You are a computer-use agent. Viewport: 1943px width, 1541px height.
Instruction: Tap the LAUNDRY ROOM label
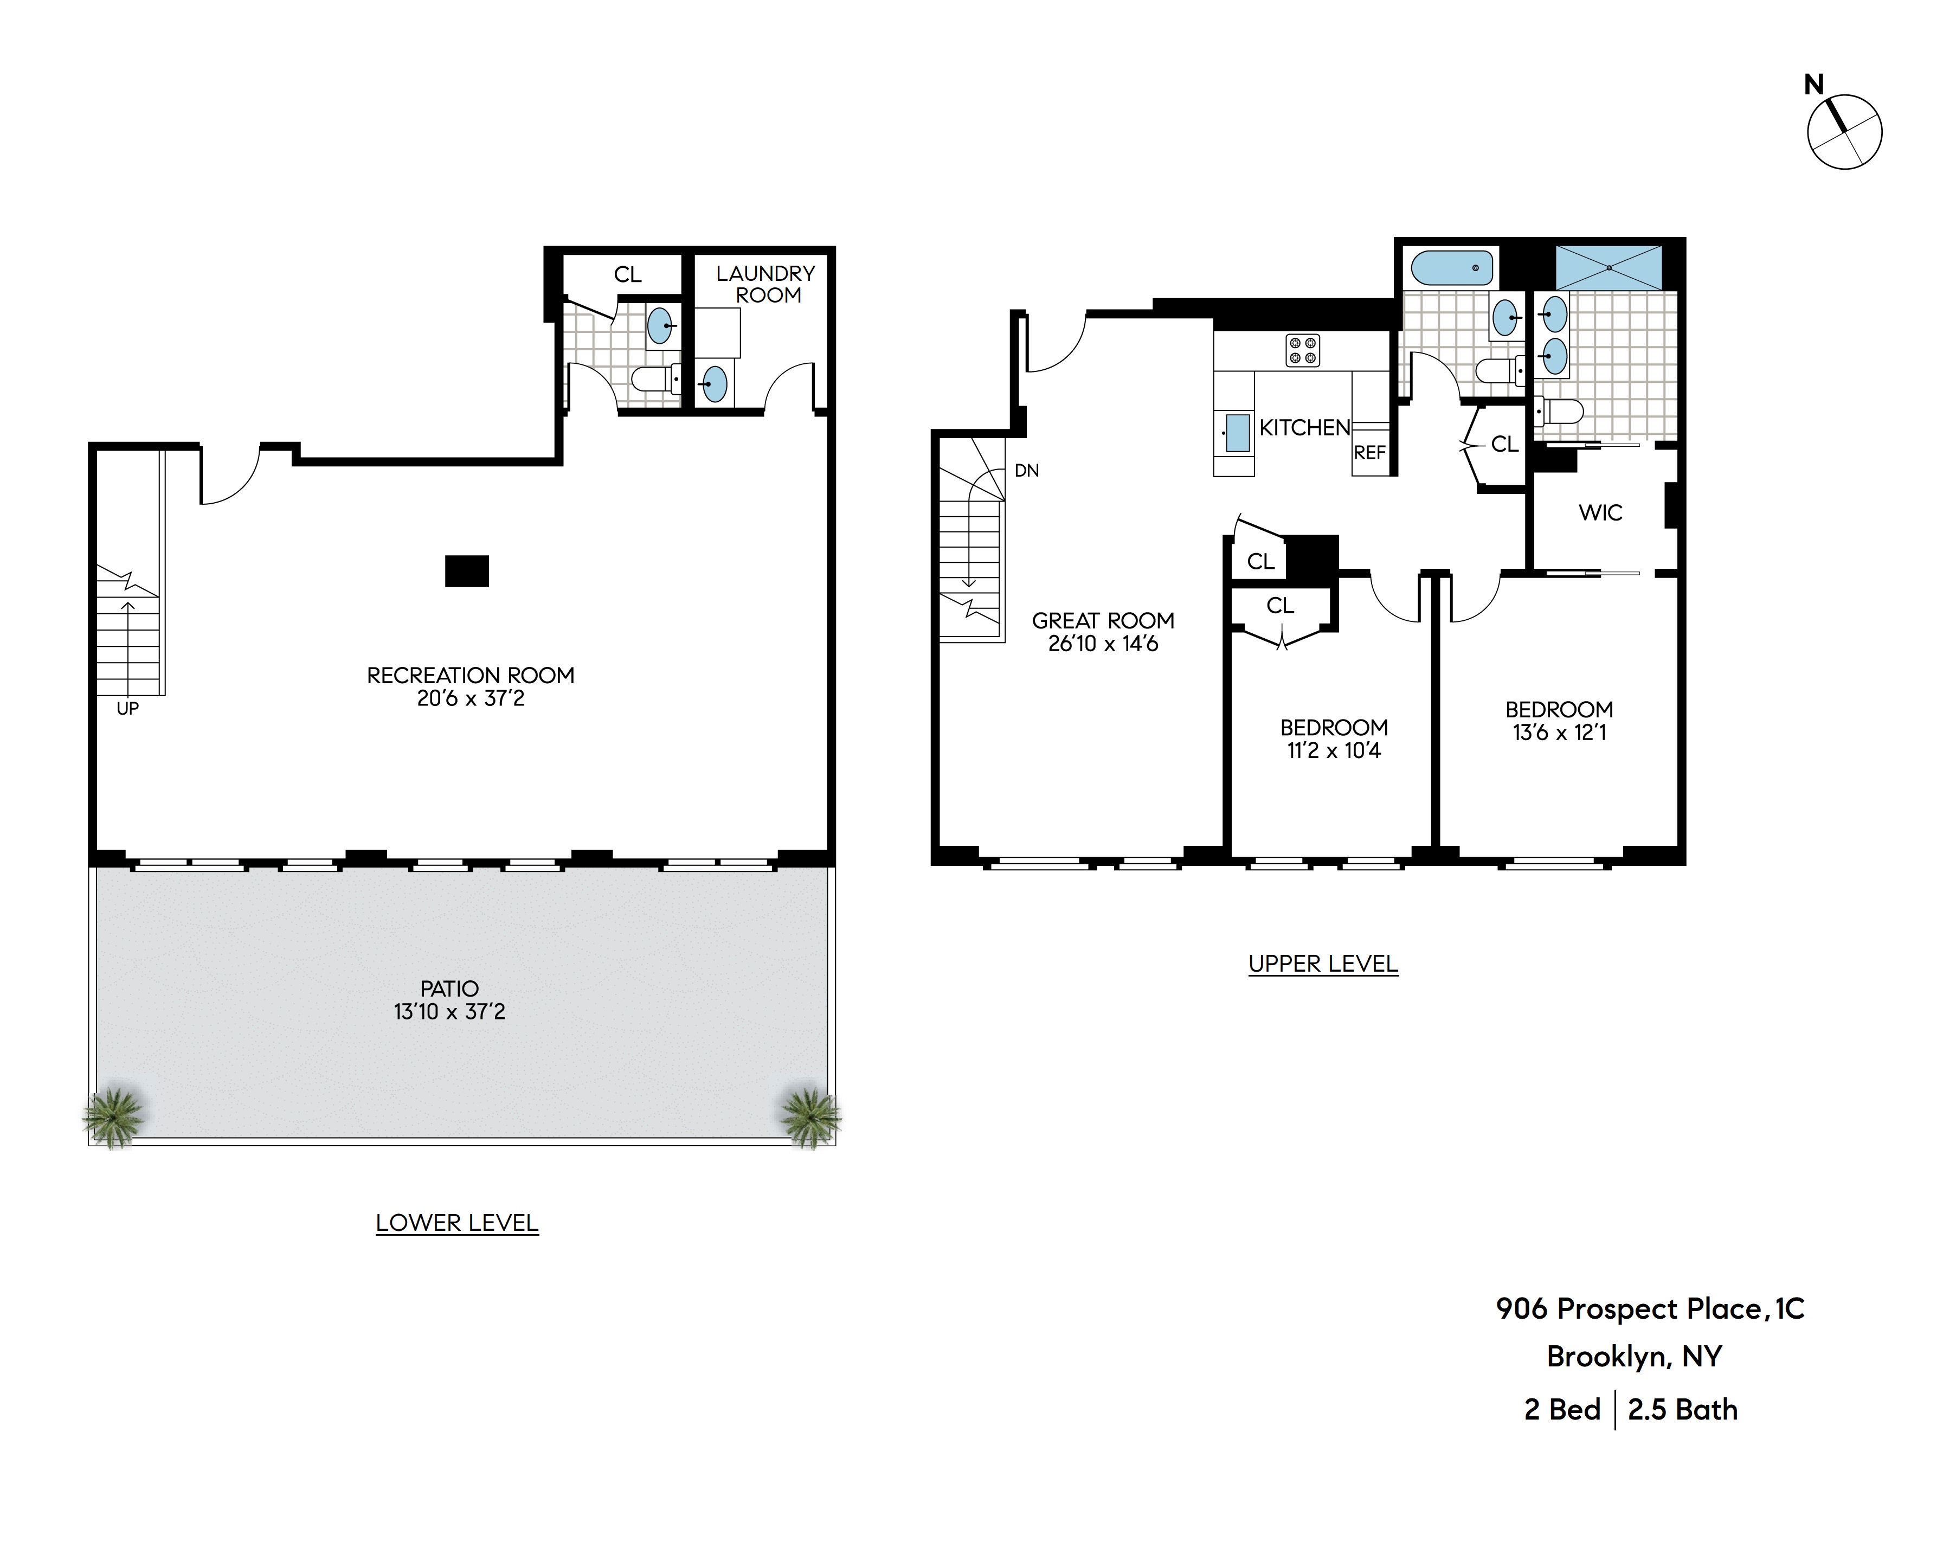point(766,284)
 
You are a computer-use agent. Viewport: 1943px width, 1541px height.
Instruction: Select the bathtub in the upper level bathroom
point(1451,268)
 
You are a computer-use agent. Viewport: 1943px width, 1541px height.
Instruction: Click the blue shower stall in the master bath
point(1608,267)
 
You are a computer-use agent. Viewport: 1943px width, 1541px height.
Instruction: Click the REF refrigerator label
point(1369,452)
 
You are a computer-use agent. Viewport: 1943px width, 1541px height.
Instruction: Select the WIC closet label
point(1600,513)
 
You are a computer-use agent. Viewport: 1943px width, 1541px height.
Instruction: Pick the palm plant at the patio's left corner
point(113,1118)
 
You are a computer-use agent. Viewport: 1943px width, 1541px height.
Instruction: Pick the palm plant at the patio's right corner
point(809,1118)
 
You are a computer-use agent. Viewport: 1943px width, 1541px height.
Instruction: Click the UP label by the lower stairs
point(128,709)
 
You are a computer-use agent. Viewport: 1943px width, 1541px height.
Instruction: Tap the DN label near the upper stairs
point(1026,471)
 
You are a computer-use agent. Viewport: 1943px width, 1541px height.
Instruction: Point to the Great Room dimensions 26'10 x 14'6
point(1103,644)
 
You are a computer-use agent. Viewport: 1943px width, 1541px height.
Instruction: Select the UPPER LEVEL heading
point(1323,964)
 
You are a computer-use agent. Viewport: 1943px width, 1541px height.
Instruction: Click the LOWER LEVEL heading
point(457,1223)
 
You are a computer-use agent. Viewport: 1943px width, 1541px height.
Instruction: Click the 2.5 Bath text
point(1683,1409)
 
